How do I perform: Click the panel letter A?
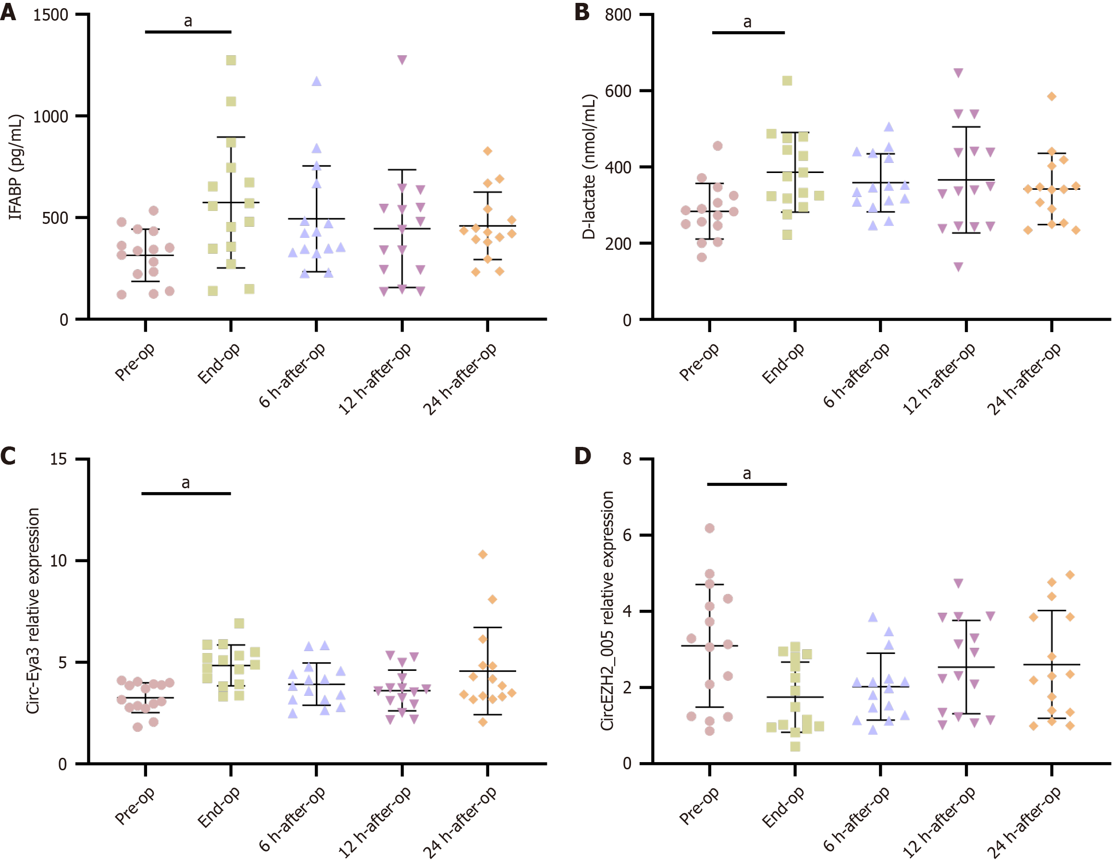pos(8,12)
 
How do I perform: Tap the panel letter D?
pos(582,456)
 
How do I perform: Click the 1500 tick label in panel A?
pos(50,15)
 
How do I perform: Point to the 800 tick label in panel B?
pos(618,15)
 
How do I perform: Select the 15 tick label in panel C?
pos(59,459)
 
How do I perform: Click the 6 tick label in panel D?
pos(627,535)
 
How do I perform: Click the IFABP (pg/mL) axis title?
pos(16,167)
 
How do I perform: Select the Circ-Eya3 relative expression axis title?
pos(33,611)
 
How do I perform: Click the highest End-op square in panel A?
pos(231,61)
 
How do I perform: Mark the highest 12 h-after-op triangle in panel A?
pos(402,60)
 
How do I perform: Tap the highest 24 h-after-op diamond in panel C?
pos(482,555)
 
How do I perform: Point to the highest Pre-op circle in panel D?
pos(709,528)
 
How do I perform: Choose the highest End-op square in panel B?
pos(787,81)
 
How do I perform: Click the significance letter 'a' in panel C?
pos(186,482)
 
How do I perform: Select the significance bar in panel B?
pos(748,33)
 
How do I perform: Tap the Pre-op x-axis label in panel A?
pos(135,362)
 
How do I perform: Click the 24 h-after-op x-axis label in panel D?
pos(1024,823)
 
